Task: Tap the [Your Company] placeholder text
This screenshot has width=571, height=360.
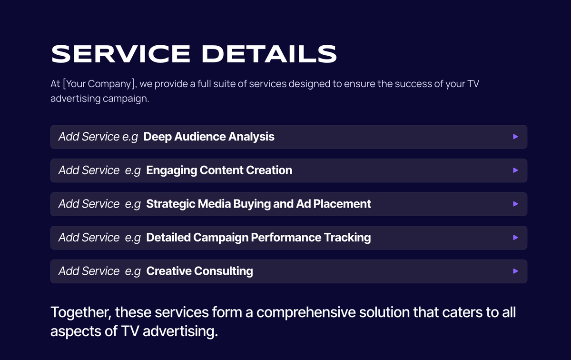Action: coord(99,84)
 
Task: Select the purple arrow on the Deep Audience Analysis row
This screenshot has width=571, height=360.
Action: coord(515,137)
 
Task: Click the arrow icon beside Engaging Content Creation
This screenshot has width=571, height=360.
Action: coord(515,170)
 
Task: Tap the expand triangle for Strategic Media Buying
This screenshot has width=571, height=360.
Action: coord(515,204)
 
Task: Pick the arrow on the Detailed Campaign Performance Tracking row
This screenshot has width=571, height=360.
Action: coord(515,237)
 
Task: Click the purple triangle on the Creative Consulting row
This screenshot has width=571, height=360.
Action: coord(515,271)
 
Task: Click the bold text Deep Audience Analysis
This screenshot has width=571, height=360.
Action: coord(209,137)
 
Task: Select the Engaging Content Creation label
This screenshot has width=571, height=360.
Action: coord(219,170)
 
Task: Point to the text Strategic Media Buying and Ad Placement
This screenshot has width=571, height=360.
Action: coord(258,204)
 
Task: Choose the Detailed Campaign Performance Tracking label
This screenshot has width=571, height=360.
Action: coord(258,237)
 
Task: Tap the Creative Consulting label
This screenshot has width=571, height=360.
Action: coord(199,271)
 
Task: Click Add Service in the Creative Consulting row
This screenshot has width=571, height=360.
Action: coord(89,271)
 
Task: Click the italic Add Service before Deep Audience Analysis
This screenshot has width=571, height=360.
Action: coord(89,137)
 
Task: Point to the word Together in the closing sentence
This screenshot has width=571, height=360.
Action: coord(80,313)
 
